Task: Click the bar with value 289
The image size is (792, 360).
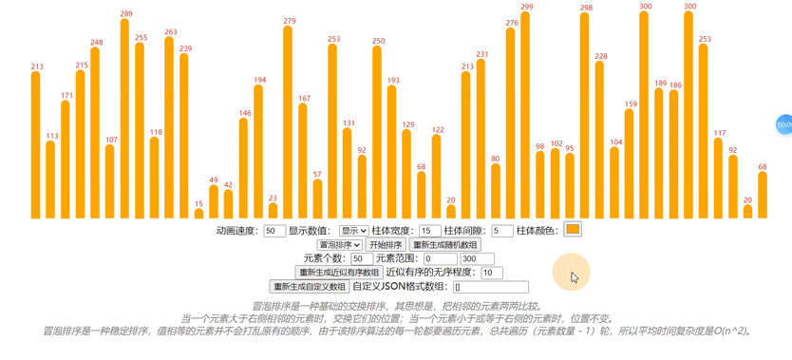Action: point(125,119)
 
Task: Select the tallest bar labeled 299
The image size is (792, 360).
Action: point(526,115)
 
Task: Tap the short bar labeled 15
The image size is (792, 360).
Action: point(198,213)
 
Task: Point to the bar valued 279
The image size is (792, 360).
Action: point(289,123)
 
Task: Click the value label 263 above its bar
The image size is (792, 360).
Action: point(170,32)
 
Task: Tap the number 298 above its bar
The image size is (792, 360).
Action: point(586,8)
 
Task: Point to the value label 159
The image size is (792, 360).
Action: point(631,104)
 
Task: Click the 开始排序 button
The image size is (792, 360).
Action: point(386,245)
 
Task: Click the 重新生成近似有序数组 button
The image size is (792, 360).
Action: point(339,273)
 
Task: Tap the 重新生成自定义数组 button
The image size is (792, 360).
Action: point(310,287)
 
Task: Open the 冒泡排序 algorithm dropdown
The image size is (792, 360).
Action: point(340,245)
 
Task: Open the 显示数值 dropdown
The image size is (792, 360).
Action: point(353,231)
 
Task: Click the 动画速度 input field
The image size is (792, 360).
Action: point(274,231)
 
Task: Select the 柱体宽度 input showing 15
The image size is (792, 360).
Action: point(430,231)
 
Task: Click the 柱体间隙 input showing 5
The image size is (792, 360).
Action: point(502,231)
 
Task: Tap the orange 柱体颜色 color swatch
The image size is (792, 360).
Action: point(573,229)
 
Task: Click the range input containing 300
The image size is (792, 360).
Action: point(478,258)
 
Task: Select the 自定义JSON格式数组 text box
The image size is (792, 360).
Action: point(490,287)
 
